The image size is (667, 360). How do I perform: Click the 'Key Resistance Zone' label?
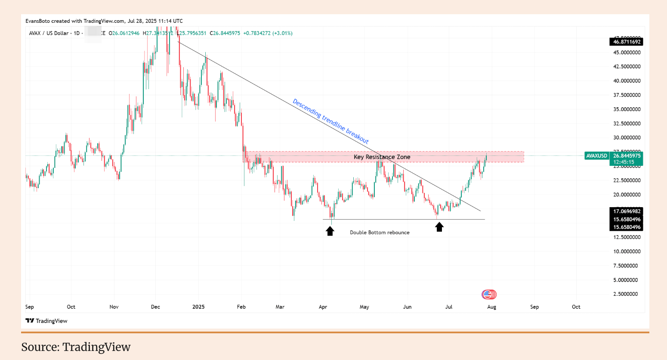click(x=382, y=157)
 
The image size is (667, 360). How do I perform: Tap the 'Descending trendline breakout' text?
click(x=330, y=121)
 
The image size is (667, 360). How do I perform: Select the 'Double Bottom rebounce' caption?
click(x=380, y=233)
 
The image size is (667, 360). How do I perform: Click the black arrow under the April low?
click(x=330, y=231)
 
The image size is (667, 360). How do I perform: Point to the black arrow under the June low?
click(x=439, y=227)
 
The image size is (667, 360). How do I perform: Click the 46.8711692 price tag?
click(x=627, y=42)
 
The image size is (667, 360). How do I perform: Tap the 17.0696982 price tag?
click(x=627, y=211)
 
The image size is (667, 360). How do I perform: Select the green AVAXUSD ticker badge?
click(x=597, y=156)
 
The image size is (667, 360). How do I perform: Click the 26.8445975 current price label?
click(x=627, y=156)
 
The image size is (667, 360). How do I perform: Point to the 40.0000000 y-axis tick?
click(x=627, y=81)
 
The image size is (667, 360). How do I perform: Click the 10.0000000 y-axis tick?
click(x=627, y=251)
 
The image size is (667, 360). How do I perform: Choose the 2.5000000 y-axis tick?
click(x=627, y=294)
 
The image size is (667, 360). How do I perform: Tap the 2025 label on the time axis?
click(x=198, y=307)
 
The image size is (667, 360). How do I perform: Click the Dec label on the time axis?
click(x=155, y=307)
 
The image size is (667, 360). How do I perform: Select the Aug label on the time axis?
click(x=491, y=307)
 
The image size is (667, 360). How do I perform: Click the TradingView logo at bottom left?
click(x=46, y=321)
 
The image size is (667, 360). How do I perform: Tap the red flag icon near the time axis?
click(x=489, y=295)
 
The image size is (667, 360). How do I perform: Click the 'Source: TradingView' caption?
click(x=76, y=347)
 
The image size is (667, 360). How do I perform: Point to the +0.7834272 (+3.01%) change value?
click(x=268, y=33)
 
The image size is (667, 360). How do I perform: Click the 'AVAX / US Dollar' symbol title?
click(x=49, y=33)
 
